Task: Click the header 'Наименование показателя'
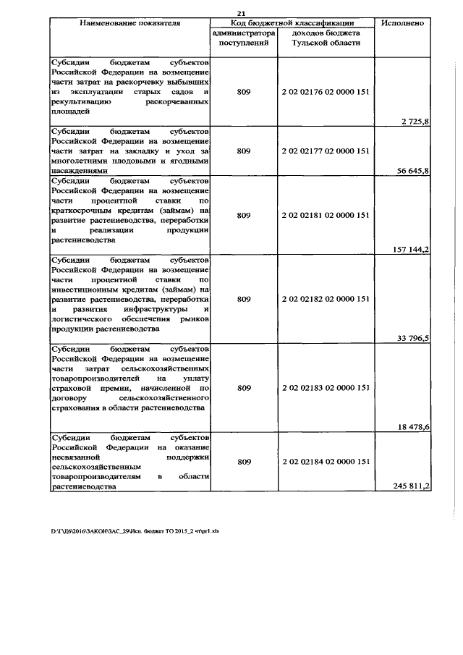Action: pos(129,24)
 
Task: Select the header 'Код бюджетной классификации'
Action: pos(292,24)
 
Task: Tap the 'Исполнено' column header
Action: pos(403,24)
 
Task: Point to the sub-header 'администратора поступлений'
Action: pos(243,38)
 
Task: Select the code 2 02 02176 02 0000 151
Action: pos(326,93)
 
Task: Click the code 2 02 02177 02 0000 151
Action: pos(326,151)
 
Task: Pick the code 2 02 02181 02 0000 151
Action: pos(326,215)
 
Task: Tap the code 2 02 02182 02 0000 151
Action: pos(326,298)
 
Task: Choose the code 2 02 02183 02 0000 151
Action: pos(326,387)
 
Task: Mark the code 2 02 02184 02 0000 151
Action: pos(326,462)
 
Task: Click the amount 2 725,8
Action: pos(415,122)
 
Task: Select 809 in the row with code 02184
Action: pos(243,462)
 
